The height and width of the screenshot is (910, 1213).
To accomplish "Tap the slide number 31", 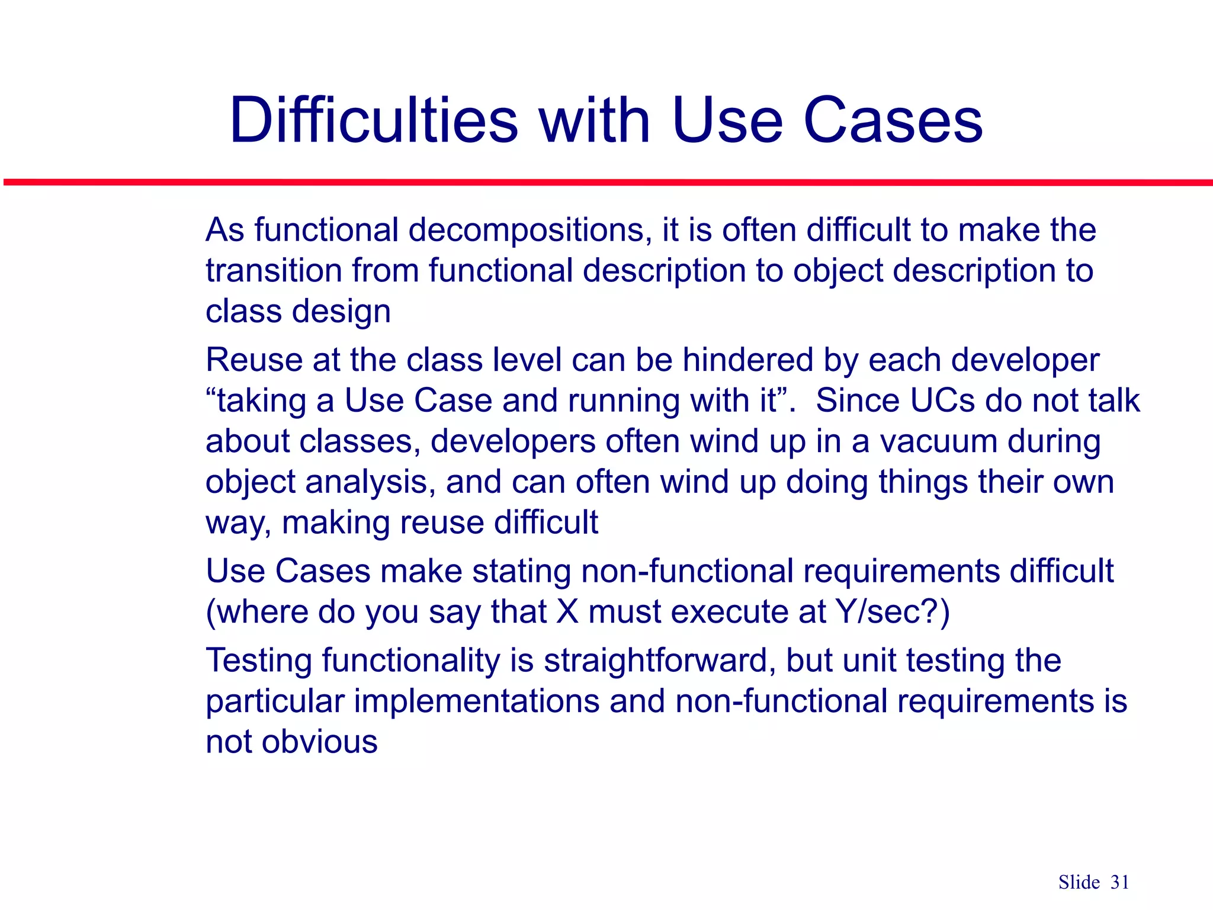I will (1119, 882).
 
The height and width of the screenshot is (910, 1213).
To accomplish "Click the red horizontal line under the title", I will (606, 182).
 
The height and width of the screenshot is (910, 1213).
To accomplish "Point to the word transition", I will (274, 271).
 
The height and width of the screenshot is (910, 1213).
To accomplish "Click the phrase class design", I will (298, 312).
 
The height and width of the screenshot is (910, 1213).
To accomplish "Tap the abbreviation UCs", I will (942, 400).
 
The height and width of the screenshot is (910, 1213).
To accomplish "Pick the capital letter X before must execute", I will (567, 612).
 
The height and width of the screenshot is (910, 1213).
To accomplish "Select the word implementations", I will (477, 701).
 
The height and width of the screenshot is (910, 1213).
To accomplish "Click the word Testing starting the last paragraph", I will (258, 661).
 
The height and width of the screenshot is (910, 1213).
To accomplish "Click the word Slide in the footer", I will (1079, 882).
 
